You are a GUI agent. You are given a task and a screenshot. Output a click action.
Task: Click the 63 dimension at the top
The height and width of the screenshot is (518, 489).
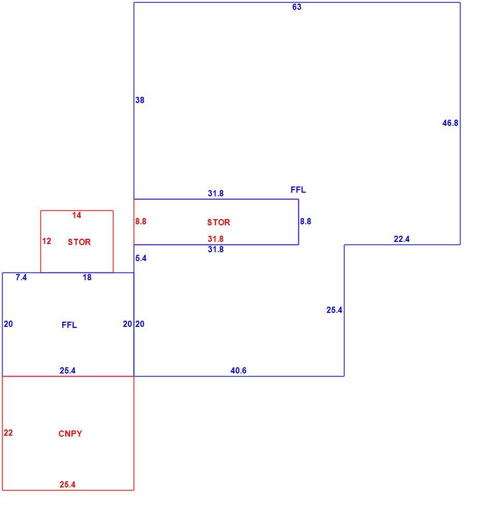296,7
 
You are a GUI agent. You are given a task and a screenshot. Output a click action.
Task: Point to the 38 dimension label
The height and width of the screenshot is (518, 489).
140,100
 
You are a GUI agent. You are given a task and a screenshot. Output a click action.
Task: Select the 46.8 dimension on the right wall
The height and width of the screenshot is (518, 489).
450,123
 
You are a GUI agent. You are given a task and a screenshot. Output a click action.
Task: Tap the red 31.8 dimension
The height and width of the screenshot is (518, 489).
216,238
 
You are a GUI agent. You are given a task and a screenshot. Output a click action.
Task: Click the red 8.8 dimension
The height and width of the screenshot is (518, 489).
141,221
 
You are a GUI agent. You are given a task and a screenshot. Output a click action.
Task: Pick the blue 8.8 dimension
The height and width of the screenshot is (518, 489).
306,221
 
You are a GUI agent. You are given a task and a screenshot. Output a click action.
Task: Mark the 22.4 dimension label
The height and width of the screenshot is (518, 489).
401,239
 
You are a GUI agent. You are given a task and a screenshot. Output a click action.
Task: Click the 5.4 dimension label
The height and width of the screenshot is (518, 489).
141,258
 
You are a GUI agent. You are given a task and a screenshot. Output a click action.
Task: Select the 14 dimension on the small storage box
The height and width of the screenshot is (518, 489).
77,215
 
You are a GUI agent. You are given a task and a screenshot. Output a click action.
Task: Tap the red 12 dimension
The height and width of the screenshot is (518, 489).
47,241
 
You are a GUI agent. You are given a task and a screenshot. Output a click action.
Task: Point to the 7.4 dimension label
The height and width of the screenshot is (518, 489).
21,278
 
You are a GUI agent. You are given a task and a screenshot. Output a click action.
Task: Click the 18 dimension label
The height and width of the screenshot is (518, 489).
87,278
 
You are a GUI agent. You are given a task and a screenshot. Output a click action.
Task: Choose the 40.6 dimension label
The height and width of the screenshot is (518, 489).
239,371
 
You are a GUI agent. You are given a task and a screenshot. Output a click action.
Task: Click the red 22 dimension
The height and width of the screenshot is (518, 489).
8,433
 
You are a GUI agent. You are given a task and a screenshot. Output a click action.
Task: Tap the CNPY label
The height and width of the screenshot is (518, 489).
70,434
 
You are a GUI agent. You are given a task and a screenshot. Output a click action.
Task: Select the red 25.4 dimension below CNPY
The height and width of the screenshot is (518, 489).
67,485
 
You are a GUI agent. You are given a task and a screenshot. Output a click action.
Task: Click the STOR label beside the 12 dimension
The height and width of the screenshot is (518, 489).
79,242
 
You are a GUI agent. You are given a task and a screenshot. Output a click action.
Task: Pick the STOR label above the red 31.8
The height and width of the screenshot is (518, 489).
219,222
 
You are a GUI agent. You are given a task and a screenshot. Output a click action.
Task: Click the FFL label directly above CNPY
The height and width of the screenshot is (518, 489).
69,325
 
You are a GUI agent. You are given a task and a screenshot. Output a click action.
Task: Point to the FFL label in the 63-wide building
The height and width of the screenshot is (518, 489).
298,190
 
